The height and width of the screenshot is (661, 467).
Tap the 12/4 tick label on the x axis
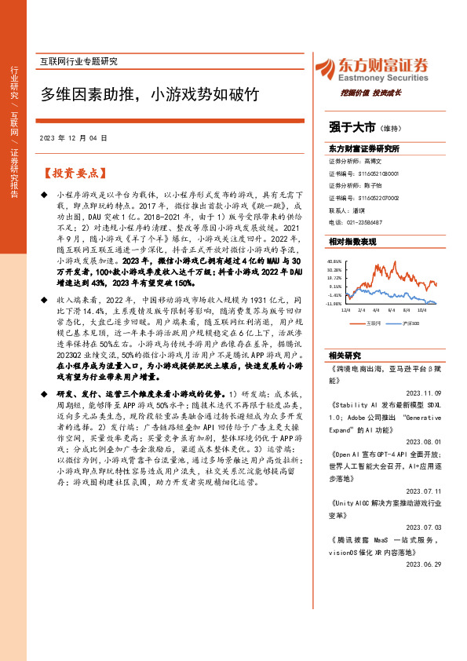(x=345, y=310)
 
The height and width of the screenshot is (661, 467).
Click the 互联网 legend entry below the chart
(x=374, y=322)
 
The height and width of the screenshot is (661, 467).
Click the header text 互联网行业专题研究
(x=78, y=61)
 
